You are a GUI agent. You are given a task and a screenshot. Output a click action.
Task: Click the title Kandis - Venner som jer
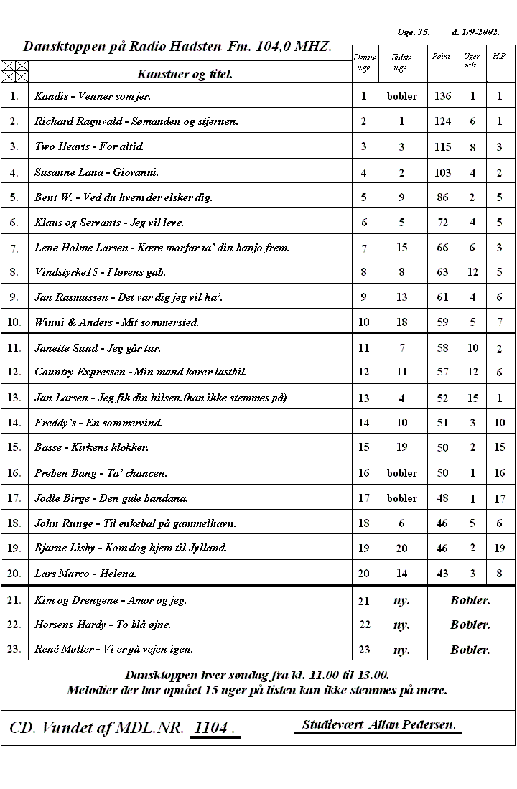click(x=93, y=95)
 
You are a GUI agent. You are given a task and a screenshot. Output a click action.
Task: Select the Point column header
click(x=441, y=57)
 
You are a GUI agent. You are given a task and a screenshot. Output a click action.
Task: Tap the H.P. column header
click(x=499, y=57)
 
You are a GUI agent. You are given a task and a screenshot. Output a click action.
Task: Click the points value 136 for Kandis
click(x=442, y=95)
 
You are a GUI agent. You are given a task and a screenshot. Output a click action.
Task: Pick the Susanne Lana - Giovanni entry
click(x=97, y=172)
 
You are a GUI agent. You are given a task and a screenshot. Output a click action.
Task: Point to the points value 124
click(x=442, y=121)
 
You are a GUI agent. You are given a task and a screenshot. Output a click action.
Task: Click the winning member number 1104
click(x=214, y=728)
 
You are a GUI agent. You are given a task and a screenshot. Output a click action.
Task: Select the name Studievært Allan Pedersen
click(x=378, y=724)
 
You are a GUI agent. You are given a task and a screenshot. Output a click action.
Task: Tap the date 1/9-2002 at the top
click(x=475, y=32)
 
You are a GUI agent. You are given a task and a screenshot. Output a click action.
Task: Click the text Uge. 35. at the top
click(x=413, y=32)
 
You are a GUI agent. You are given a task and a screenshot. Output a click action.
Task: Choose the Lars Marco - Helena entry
click(x=85, y=574)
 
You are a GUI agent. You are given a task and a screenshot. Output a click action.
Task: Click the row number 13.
click(x=14, y=397)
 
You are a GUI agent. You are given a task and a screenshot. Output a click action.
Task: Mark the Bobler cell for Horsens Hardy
click(x=470, y=625)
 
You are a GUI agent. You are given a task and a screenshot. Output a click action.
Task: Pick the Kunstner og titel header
click(x=185, y=74)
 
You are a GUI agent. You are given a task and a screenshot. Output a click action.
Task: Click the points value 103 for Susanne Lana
click(x=442, y=172)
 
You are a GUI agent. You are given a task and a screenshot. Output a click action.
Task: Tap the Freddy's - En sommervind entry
click(x=98, y=423)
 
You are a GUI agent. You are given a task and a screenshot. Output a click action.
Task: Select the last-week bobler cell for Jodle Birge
click(x=401, y=498)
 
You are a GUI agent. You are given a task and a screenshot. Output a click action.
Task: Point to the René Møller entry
click(x=113, y=649)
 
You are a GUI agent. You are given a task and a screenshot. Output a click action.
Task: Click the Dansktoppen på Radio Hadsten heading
click(x=177, y=47)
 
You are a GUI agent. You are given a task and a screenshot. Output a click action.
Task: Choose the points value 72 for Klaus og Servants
click(x=442, y=223)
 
